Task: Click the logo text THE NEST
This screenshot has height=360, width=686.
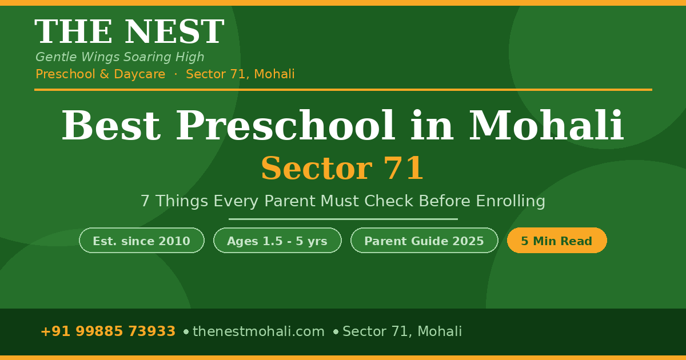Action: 129,33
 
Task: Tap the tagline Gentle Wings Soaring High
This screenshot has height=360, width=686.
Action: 120,57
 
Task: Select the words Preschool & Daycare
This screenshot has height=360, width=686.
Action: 101,74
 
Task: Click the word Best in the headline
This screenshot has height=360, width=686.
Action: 110,126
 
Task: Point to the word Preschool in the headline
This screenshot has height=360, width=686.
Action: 285,126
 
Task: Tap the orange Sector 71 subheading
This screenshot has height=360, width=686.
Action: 342,169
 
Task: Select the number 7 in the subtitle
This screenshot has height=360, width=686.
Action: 145,201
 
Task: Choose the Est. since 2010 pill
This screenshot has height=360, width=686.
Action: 142,241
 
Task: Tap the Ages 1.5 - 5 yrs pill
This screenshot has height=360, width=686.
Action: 277,241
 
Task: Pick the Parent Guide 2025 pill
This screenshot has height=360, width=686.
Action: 424,241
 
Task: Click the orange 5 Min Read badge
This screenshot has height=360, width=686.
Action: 557,241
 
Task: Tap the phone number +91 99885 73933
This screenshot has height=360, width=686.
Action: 108,331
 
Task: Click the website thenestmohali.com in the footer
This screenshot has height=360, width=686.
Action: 258,331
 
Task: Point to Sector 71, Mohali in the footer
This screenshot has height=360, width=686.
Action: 402,331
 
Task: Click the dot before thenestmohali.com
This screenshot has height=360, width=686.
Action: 186,331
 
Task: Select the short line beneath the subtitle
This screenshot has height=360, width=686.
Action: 343,219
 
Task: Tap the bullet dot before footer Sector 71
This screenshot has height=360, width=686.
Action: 336,331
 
